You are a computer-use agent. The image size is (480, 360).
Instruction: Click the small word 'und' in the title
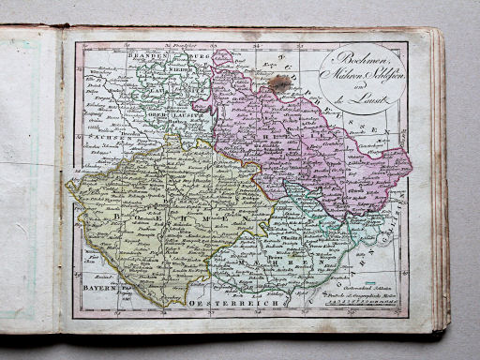[x=356, y=84]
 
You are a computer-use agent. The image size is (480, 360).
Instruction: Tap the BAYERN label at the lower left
[x=96, y=291]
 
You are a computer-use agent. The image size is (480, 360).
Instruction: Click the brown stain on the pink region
[x=279, y=84]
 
